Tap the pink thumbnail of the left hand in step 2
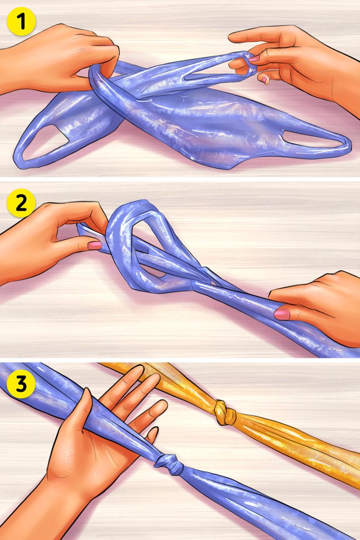coord(94,245)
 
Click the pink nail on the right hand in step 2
coord(282,314)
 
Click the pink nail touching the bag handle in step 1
coord(254,59)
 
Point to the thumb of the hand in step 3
coord(79,410)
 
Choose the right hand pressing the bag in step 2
coord(316,307)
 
